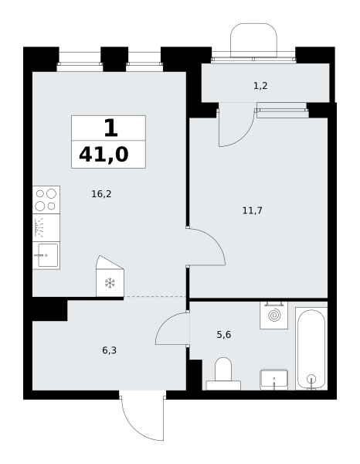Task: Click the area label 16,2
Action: click(101, 194)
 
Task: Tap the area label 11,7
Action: click(252, 210)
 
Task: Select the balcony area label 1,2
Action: click(260, 86)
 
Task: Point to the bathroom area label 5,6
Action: click(224, 335)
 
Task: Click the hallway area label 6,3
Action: click(110, 350)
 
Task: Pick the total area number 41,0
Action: click(104, 155)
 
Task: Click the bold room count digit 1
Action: click(110, 128)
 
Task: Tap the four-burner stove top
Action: click(46, 200)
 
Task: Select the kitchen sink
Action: click(46, 255)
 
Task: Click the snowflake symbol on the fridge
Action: click(110, 283)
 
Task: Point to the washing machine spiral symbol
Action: click(274, 315)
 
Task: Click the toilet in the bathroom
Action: click(223, 374)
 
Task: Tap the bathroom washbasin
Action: click(274, 380)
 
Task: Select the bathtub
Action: click(311, 349)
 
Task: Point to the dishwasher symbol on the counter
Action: click(46, 227)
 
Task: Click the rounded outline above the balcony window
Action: click(253, 24)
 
